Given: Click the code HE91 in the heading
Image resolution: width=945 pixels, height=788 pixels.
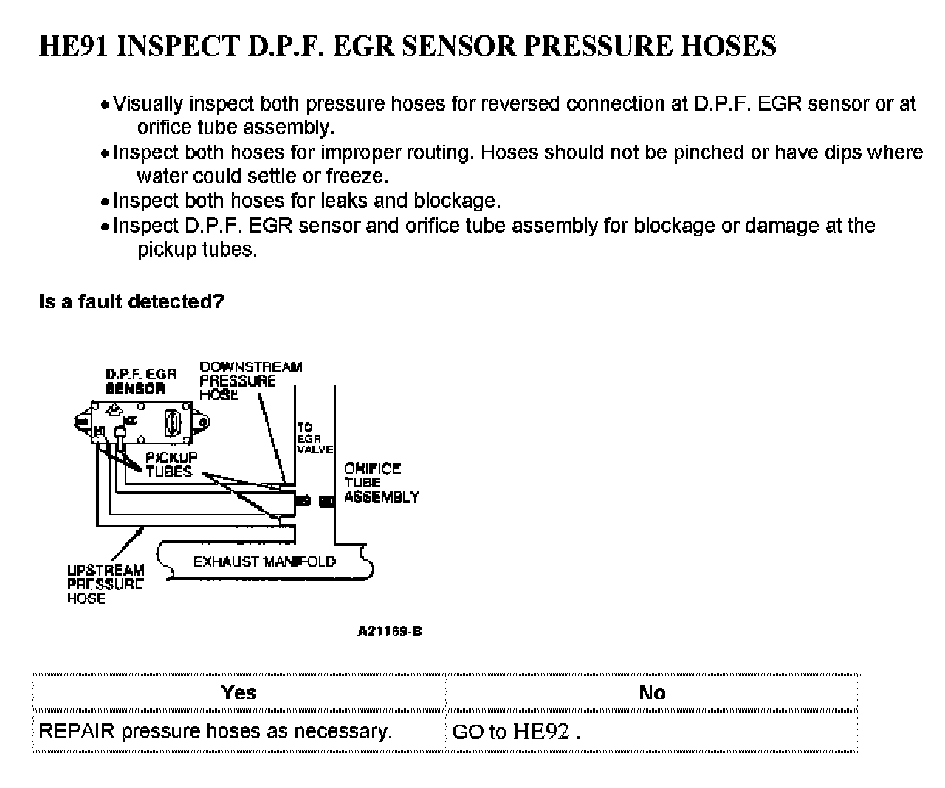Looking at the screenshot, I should (x=74, y=46).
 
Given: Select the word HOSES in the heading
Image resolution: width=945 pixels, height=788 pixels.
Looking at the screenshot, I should (x=728, y=46).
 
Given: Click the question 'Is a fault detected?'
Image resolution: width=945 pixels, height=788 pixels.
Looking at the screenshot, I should (x=131, y=302).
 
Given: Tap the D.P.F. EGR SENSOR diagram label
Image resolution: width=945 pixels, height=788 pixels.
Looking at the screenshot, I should (x=140, y=381).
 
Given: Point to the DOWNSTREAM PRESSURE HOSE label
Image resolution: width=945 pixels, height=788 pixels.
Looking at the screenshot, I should (x=250, y=380).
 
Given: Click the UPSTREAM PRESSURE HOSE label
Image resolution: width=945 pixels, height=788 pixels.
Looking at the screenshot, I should (x=106, y=584).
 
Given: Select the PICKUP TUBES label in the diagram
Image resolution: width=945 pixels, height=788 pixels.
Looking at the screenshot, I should (x=171, y=464).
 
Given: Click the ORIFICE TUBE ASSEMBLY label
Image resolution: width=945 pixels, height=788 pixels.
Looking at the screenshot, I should (x=380, y=483).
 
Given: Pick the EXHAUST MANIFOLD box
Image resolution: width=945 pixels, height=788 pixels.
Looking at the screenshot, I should (x=264, y=561).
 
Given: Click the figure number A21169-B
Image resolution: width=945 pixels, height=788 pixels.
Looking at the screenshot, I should (x=389, y=632).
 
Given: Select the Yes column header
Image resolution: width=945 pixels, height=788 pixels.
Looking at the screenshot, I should (x=238, y=692).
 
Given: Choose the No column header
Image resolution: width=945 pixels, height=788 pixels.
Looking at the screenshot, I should (x=652, y=692).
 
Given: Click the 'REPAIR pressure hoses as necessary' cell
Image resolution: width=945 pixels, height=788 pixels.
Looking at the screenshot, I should (x=215, y=731).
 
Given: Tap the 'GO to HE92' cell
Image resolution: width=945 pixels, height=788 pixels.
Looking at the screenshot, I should (x=516, y=732).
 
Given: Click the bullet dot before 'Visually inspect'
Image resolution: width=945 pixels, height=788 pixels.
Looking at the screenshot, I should (x=106, y=106).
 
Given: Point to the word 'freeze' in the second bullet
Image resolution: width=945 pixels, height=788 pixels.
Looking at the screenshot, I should (x=357, y=176).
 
